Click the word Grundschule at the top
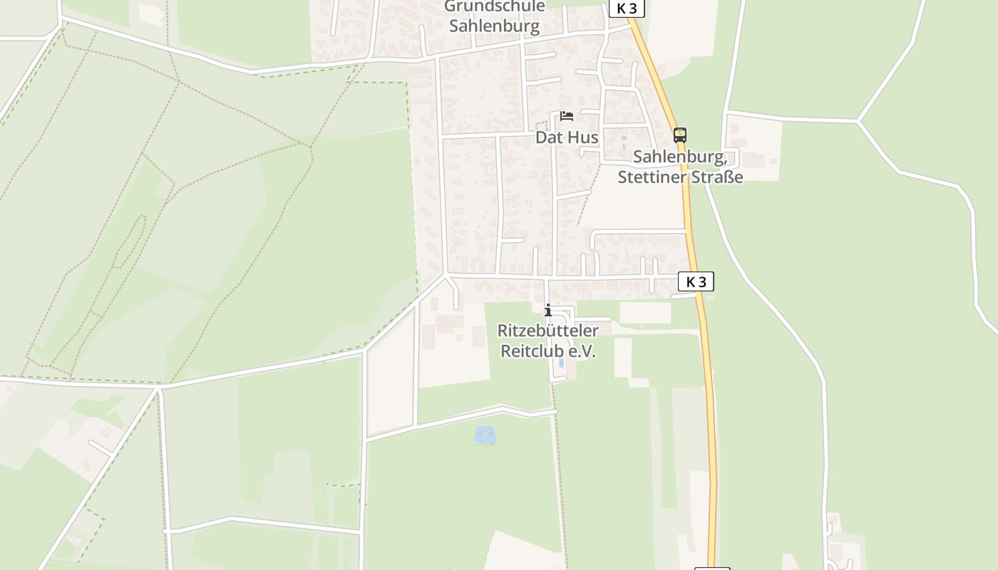(x=494, y=7)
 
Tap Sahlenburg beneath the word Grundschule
(x=494, y=26)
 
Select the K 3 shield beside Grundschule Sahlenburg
(x=627, y=9)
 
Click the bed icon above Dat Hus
(x=567, y=116)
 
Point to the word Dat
(x=549, y=137)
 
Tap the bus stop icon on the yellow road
(x=680, y=135)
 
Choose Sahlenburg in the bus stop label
(x=679, y=157)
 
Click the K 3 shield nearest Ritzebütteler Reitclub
(x=696, y=281)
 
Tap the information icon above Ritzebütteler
(x=548, y=310)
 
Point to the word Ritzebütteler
(x=547, y=331)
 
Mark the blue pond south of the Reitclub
(x=485, y=435)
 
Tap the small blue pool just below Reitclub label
(x=561, y=363)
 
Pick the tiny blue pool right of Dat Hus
(x=624, y=140)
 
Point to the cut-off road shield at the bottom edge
(x=712, y=568)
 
